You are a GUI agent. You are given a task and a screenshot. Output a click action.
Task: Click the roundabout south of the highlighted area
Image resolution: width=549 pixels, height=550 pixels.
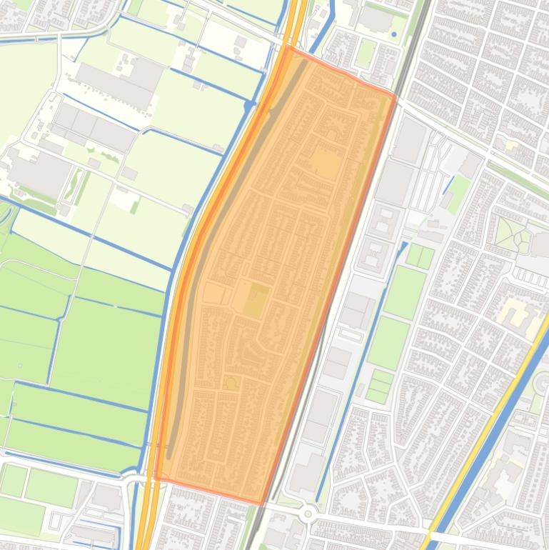308,513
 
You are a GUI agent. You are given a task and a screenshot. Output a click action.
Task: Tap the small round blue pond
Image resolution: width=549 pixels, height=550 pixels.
393,34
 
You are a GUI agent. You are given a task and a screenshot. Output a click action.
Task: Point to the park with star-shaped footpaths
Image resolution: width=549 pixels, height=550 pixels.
513,234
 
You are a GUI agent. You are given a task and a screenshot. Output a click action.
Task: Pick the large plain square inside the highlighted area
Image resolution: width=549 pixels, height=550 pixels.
325,164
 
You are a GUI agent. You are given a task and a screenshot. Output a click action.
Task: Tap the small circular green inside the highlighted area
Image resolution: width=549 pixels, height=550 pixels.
231,384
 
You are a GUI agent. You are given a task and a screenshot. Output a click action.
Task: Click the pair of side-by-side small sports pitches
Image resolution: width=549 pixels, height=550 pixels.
420,256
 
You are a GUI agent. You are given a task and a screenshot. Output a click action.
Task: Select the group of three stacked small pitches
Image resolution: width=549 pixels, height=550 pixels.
380,386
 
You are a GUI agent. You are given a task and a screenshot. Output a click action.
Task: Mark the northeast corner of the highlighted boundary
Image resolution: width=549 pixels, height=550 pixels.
395,95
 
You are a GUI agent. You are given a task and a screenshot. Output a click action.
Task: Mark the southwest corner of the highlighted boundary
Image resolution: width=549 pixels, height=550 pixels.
156,478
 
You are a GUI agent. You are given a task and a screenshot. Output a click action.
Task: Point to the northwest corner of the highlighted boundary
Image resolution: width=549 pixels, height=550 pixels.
287,48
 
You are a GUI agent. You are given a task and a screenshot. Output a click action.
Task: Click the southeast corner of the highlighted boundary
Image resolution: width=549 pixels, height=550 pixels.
261,503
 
